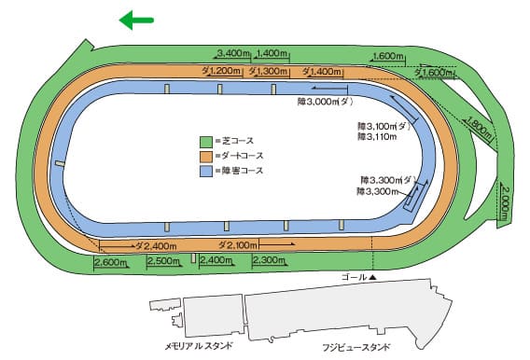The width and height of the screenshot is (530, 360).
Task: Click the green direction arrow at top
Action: click(136, 20)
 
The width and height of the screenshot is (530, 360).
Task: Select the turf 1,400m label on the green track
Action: click(271, 52)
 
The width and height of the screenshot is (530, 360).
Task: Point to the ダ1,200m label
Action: click(222, 71)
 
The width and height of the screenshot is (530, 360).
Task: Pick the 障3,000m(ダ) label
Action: click(325, 101)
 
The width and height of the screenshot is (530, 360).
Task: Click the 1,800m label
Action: click(478, 127)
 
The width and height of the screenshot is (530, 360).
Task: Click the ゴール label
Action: click(354, 278)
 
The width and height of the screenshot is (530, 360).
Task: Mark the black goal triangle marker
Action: click(372, 278)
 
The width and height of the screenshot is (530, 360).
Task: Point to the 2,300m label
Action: click(269, 261)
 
